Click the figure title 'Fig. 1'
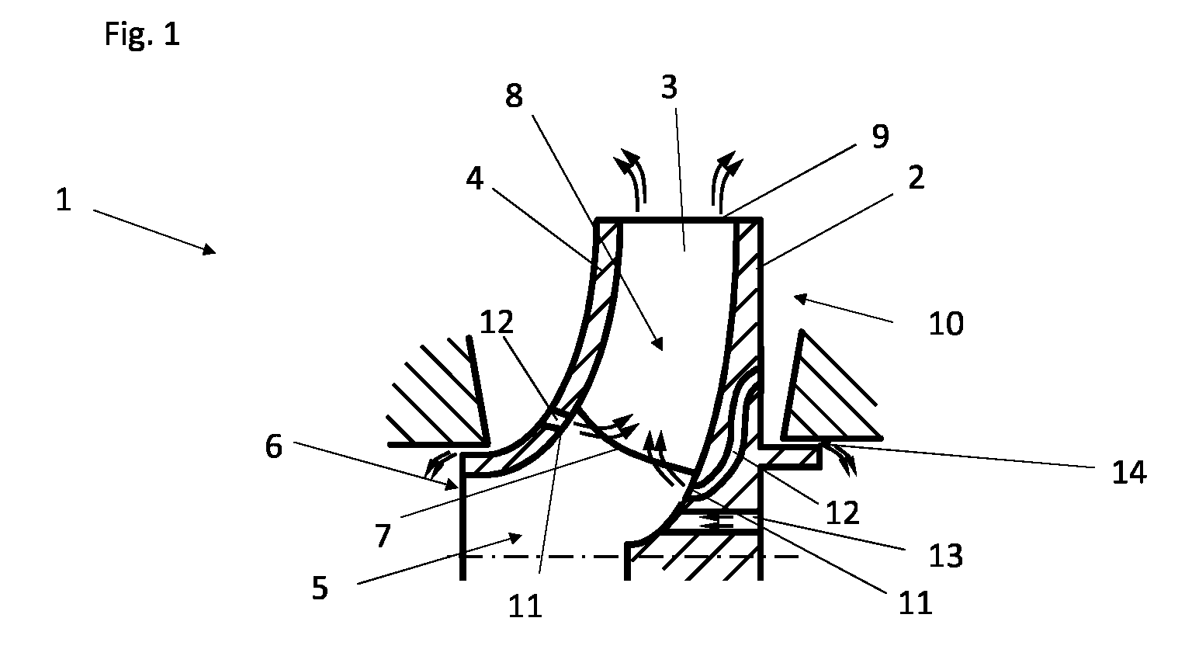pyautogui.click(x=142, y=35)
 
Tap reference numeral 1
pyautogui.click(x=64, y=201)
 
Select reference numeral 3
pyautogui.click(x=669, y=87)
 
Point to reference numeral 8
pyautogui.click(x=514, y=96)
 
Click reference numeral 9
pyautogui.click(x=880, y=137)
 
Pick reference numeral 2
pyautogui.click(x=917, y=178)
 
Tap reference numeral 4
pyautogui.click(x=475, y=179)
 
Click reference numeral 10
pyautogui.click(x=946, y=324)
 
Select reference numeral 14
pyautogui.click(x=1129, y=472)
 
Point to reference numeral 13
pyautogui.click(x=946, y=556)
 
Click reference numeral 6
pyautogui.click(x=273, y=446)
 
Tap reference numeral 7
pyautogui.click(x=383, y=536)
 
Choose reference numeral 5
pyautogui.click(x=320, y=588)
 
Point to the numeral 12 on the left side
pyautogui.click(x=497, y=323)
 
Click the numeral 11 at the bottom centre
pyautogui.click(x=525, y=606)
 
